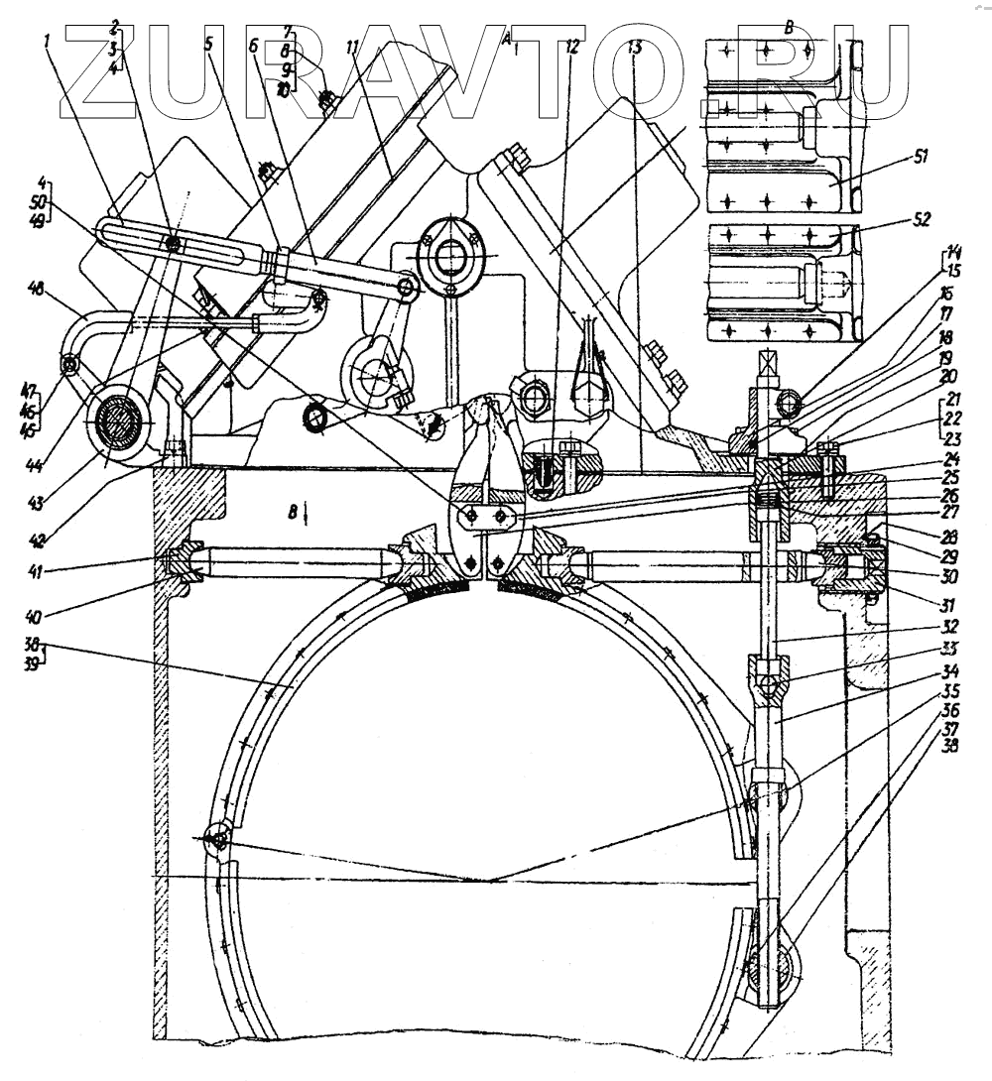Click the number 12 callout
coord(571,47)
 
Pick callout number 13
coord(635,47)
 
